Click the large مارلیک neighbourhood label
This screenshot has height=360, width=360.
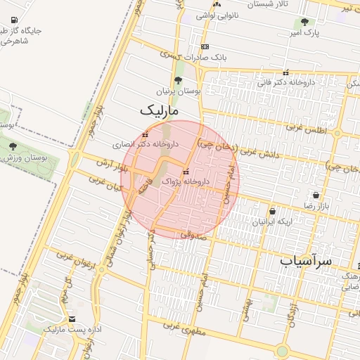(x=160, y=110)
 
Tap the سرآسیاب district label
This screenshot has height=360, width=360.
(x=305, y=261)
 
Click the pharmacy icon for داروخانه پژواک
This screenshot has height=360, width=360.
(x=186, y=172)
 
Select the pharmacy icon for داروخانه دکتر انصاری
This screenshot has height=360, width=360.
(x=146, y=135)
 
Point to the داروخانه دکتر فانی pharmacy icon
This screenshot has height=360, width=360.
(x=285, y=73)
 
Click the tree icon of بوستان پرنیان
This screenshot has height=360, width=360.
(x=178, y=81)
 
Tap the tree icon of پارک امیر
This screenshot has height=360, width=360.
(x=304, y=22)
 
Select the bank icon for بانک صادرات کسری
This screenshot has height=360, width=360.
(x=205, y=46)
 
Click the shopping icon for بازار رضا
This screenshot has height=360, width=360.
(x=316, y=195)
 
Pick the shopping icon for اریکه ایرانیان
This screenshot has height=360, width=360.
(x=272, y=211)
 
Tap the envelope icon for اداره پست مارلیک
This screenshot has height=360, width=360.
(x=72, y=319)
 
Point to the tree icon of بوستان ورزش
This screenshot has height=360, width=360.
(x=13, y=146)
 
